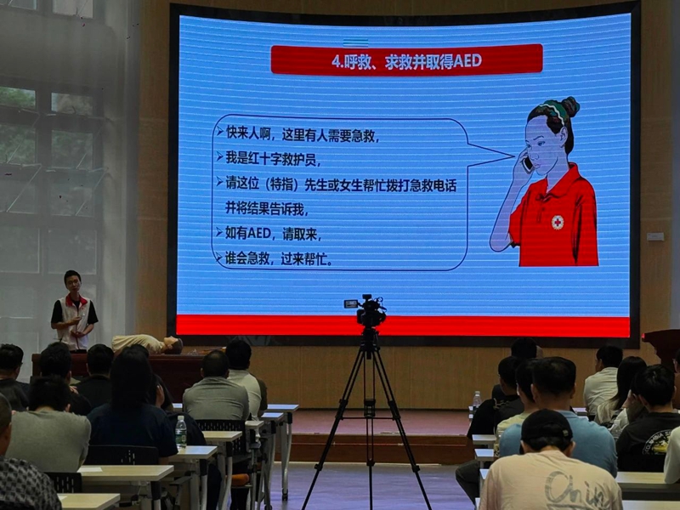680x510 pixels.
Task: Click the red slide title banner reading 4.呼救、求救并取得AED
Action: click(406, 60)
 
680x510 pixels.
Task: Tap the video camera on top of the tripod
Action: click(370, 312)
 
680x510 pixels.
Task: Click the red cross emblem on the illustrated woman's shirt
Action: click(558, 222)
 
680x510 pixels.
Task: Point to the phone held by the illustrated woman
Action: click(527, 163)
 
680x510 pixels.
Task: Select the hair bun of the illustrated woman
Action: click(569, 106)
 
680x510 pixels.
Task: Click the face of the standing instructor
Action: click(73, 283)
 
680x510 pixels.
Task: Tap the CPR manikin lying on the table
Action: click(148, 343)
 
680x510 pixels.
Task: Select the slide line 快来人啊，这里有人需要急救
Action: click(302, 133)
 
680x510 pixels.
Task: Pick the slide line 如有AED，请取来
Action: click(276, 233)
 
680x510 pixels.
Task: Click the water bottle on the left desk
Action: click(180, 433)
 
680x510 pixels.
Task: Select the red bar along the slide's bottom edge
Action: click(403, 326)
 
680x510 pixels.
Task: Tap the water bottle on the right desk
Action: click(477, 401)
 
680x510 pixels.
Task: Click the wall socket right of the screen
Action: click(654, 236)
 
